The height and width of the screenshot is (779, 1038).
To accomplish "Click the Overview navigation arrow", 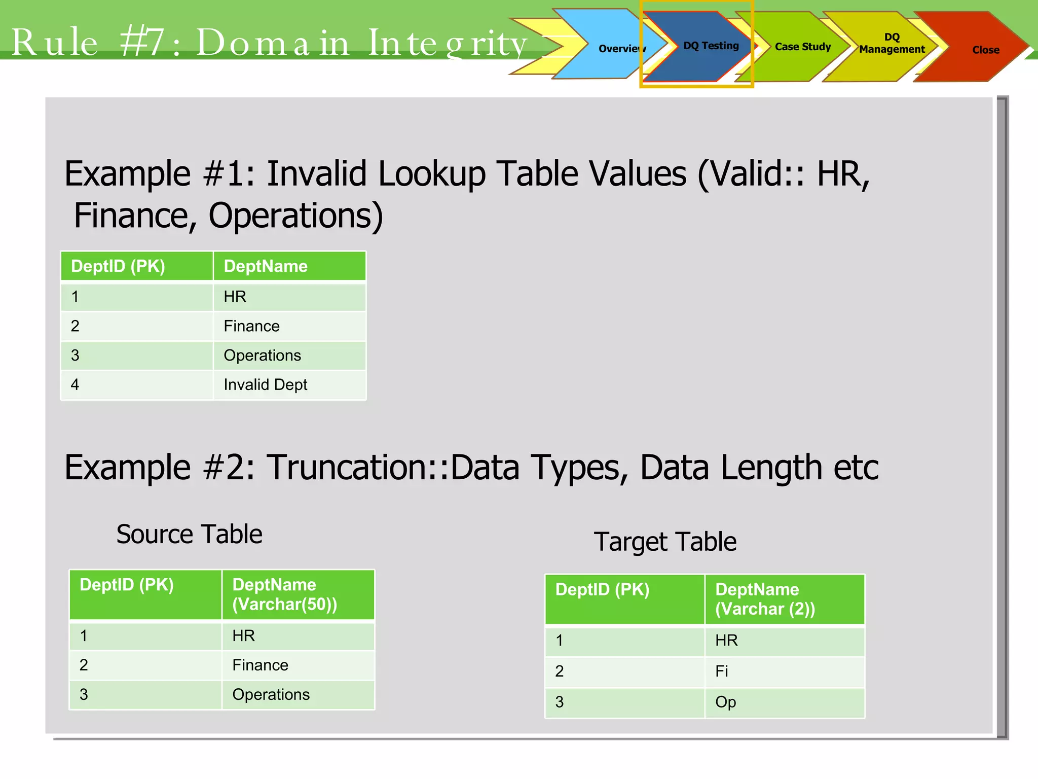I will [616, 48].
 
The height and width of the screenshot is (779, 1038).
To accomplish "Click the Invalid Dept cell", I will [265, 385].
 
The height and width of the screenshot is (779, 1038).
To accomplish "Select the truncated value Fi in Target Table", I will [721, 671].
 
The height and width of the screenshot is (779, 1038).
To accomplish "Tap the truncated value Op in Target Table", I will [725, 702].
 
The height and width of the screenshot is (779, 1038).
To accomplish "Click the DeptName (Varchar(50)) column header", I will [284, 594].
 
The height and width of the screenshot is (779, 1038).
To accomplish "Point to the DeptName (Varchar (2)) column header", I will [765, 599].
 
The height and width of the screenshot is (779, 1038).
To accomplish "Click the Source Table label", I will [189, 534].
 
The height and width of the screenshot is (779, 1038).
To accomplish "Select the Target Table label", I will [665, 542].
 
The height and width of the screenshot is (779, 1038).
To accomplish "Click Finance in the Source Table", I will [260, 665].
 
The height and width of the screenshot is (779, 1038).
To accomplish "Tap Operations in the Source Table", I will [271, 695].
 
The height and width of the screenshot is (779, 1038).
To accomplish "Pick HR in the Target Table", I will [726, 641].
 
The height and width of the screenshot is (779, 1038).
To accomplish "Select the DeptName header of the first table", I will [266, 266].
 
